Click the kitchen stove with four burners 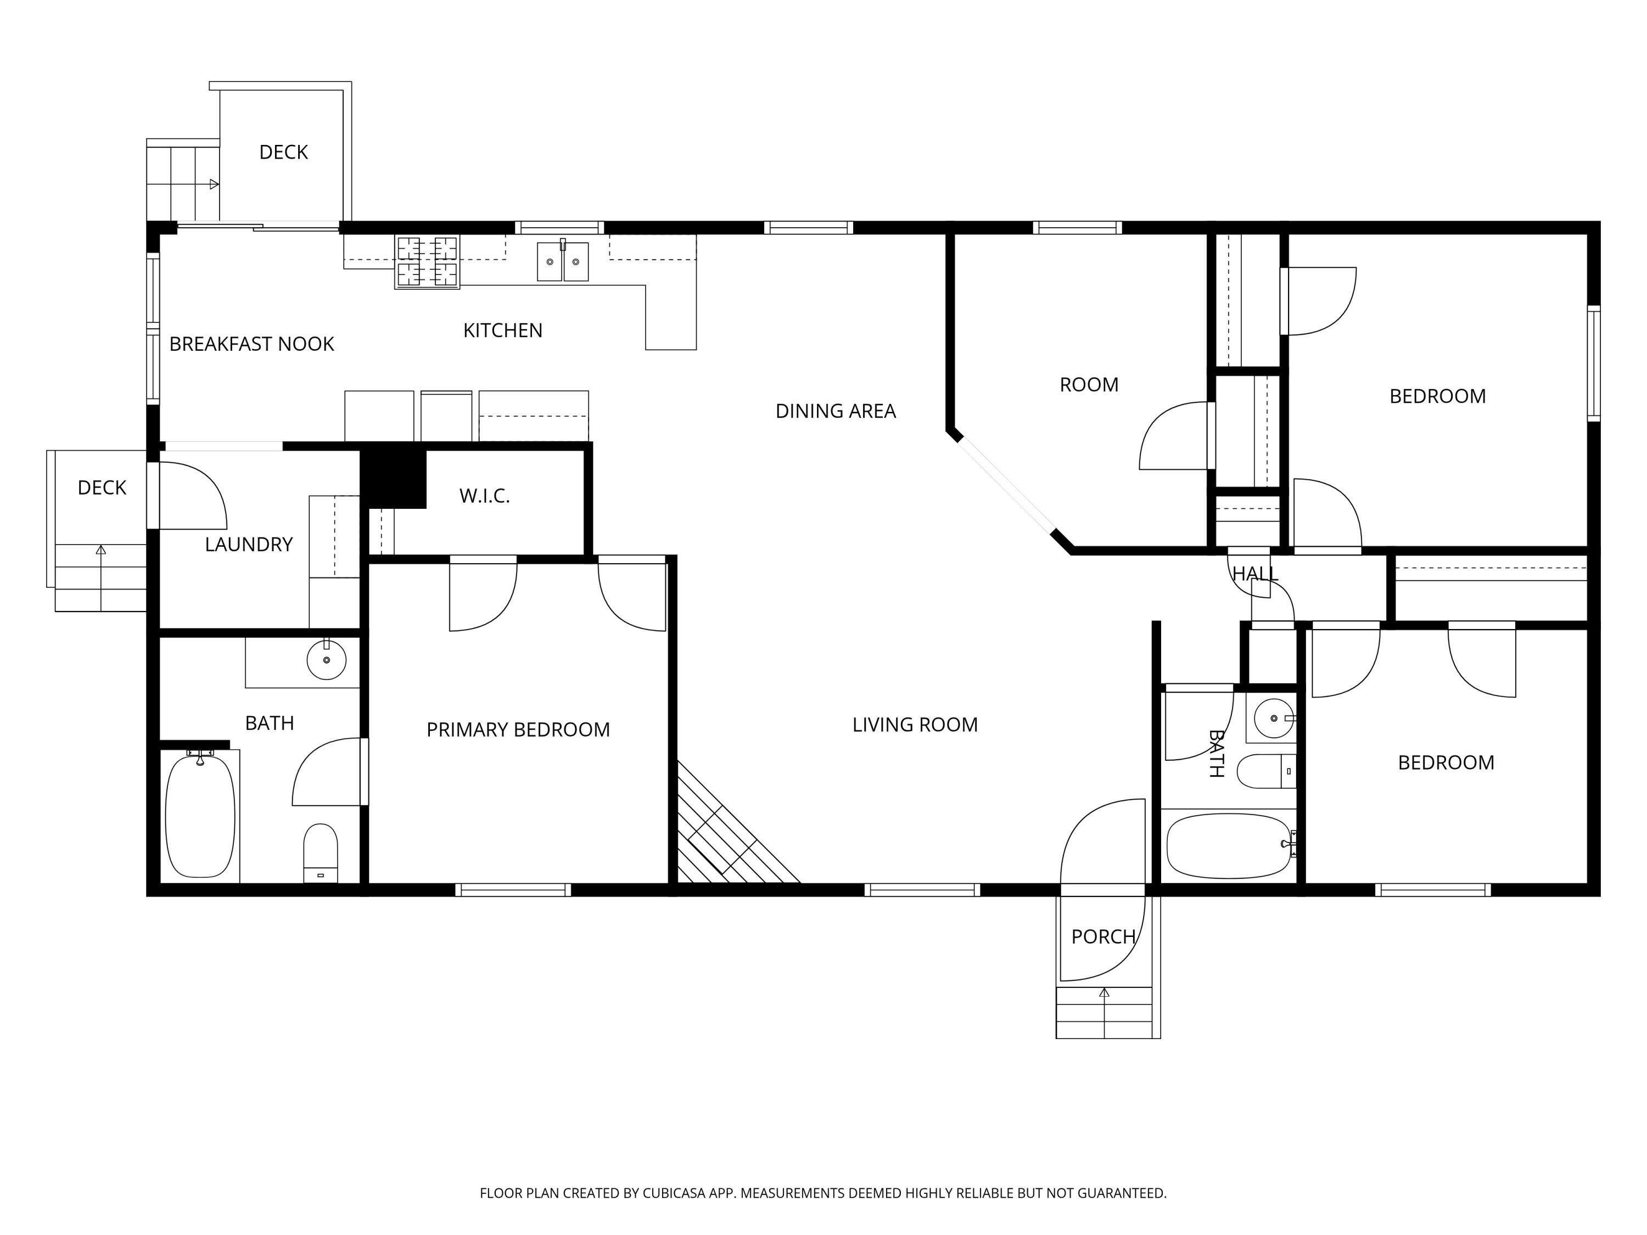point(427,261)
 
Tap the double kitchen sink point(563,261)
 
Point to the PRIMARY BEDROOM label point(518,729)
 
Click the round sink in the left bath point(326,660)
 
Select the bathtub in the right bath point(1229,846)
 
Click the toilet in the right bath point(1267,771)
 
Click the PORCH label point(1103,936)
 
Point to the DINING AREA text point(836,411)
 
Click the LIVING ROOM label point(915,725)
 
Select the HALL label point(1256,574)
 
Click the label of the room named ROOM point(1089,385)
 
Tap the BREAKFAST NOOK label point(251,344)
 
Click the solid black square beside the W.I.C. point(393,477)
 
